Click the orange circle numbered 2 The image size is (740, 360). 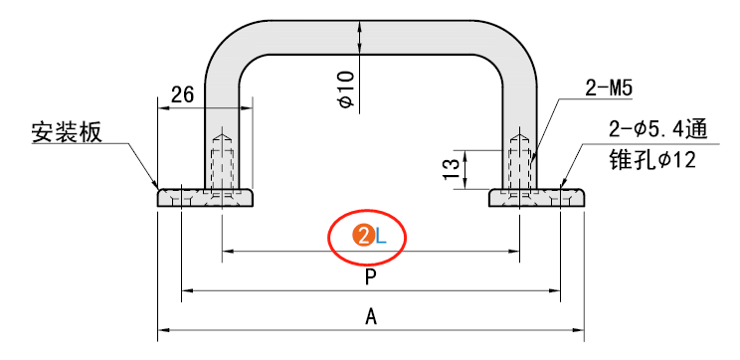click(363, 236)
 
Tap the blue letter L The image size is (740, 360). click(381, 236)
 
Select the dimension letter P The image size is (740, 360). click(371, 277)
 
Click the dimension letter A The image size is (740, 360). click(371, 317)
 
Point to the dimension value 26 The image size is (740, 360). click(182, 95)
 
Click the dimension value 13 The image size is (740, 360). click(452, 169)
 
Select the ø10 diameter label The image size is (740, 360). click(347, 89)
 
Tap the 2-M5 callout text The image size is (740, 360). click(609, 89)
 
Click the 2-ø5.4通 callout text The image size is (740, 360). click(658, 130)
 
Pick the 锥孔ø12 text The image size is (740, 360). click(652, 161)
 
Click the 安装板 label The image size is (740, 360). click(67, 133)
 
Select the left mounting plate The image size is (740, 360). click(205, 198)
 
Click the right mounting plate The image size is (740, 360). click(536, 198)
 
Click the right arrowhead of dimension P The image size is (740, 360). click(555, 290)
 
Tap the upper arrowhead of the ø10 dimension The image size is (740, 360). click(360, 26)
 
